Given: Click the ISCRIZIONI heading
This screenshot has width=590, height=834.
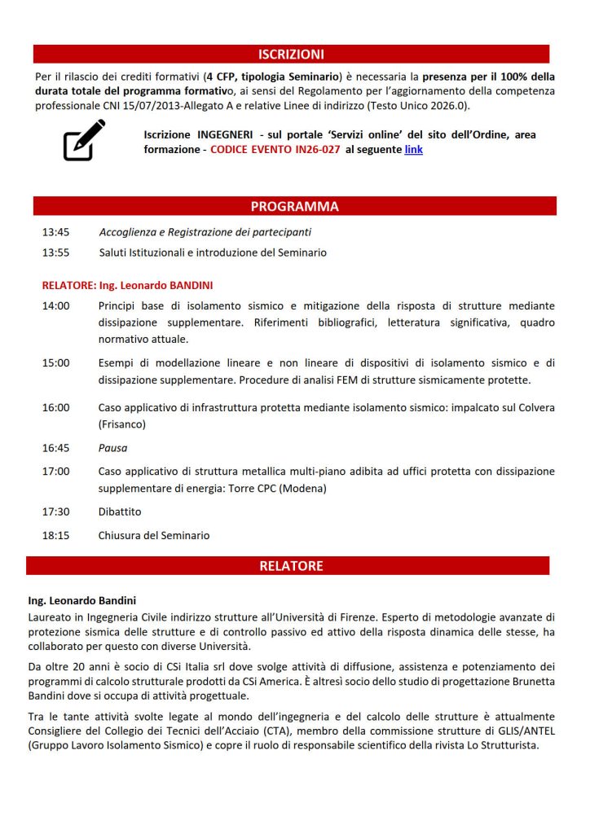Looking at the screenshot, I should coord(291,55).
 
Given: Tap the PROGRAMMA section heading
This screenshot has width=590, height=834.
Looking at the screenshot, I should coord(294,206).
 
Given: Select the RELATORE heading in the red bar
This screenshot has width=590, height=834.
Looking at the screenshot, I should coord(291,565).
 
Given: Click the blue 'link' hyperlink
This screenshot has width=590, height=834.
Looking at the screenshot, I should coord(413,150).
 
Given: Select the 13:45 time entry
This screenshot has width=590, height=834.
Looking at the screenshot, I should coord(55,232).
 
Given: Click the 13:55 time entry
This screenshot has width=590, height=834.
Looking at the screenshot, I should coord(55,252).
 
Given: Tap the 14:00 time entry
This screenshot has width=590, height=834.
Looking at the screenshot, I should coord(55,306).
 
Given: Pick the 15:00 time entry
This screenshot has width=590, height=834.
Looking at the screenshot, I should coord(55,363).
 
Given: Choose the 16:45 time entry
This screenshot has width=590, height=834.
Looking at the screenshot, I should coord(55,448).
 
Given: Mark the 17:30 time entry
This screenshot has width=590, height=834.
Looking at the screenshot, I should coord(55,511).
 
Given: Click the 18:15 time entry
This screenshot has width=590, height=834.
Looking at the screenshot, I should coord(55,535).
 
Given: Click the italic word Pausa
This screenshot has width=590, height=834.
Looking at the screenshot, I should coord(112,448).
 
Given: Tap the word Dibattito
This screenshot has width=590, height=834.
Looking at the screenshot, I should coord(119,511).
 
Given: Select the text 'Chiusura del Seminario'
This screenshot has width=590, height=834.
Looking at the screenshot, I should coord(154,535).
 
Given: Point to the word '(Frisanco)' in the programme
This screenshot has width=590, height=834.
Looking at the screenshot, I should coord(122,424).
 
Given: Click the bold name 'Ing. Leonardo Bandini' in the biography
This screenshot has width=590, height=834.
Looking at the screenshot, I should coord(81,601).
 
